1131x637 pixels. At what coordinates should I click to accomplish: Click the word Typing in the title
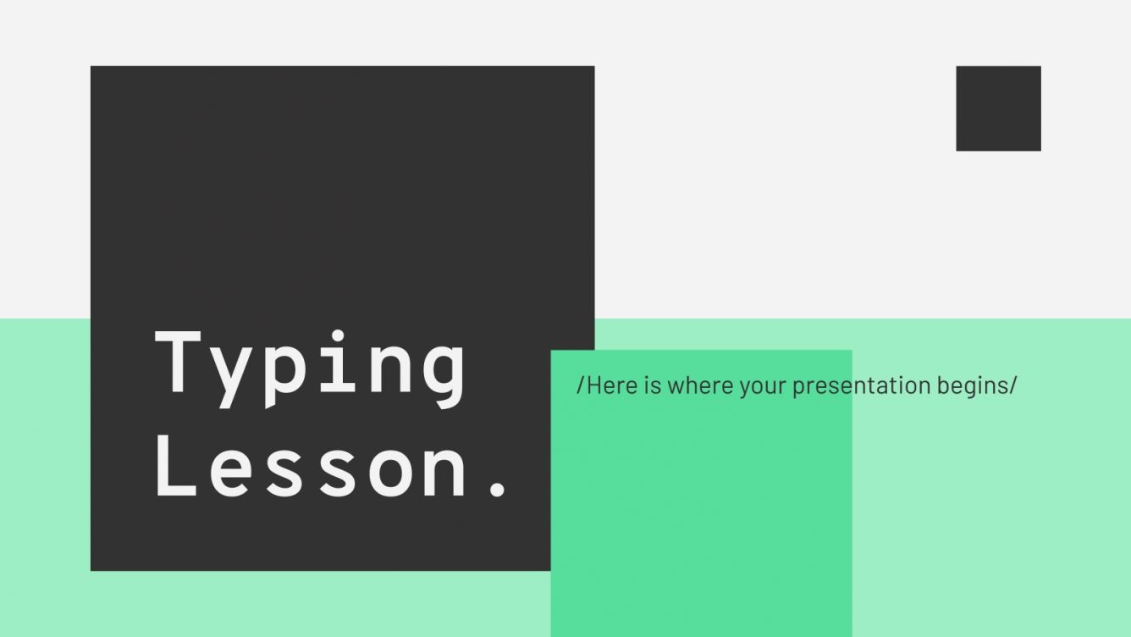(310, 364)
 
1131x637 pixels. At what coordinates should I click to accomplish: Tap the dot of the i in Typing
(342, 335)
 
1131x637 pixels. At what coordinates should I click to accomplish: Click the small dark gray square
(998, 108)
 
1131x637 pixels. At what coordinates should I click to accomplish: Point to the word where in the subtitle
(699, 386)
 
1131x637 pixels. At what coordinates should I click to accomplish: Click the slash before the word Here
(581, 386)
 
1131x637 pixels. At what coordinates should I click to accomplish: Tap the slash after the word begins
(1012, 386)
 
